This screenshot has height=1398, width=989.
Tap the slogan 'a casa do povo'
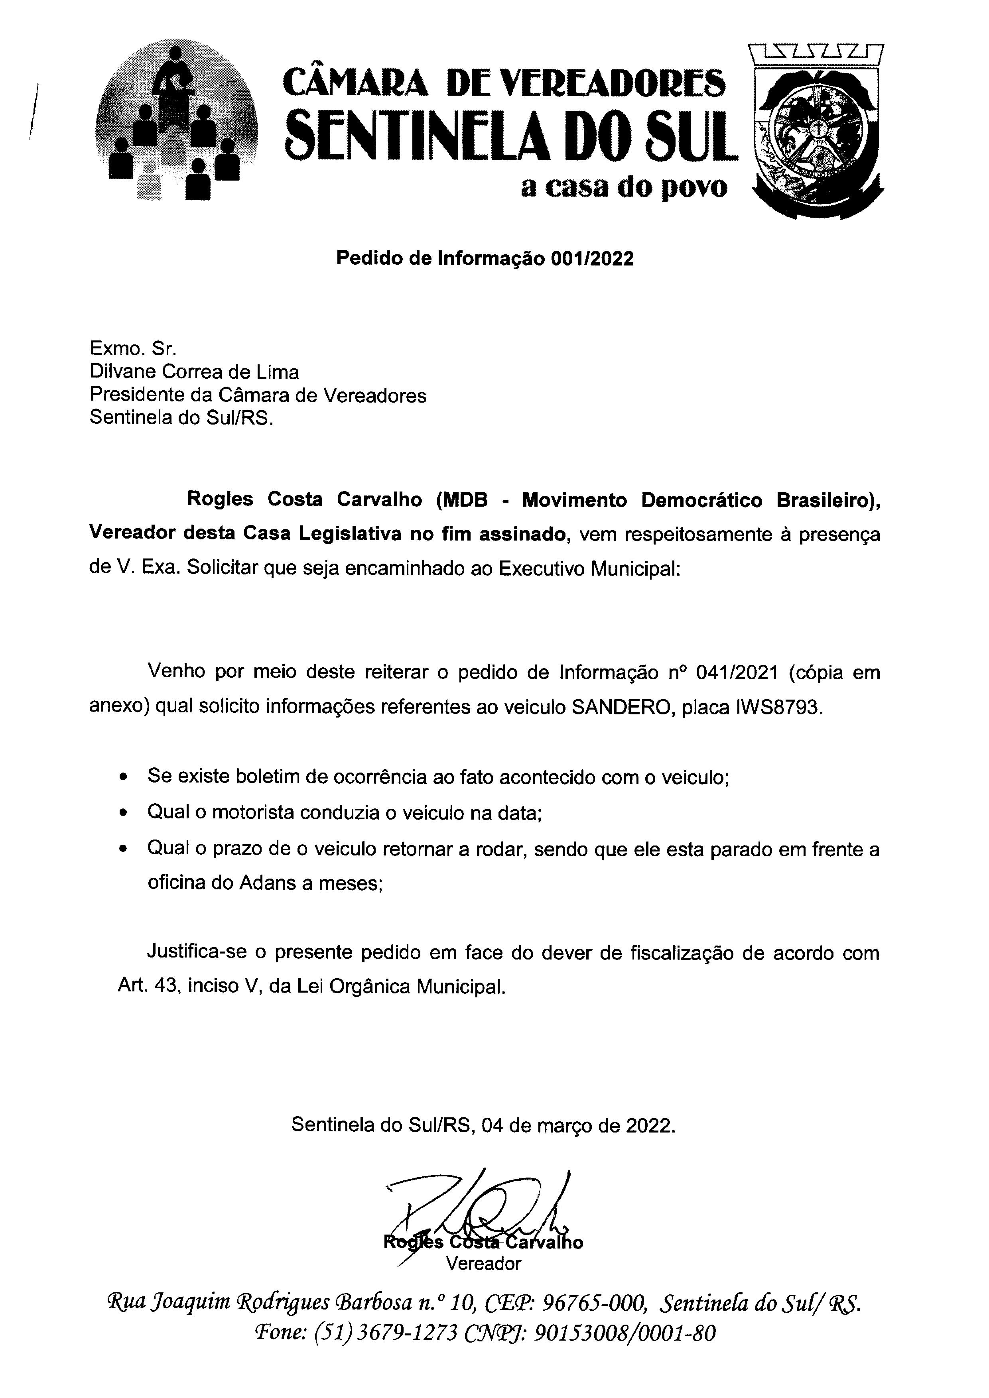point(624,187)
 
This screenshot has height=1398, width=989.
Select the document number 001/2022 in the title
point(592,259)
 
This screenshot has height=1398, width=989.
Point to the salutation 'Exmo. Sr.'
point(133,348)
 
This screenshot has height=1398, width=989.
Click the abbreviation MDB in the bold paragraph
point(467,499)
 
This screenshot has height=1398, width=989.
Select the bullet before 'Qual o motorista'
point(124,813)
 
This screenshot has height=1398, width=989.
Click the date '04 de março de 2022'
point(577,1125)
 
